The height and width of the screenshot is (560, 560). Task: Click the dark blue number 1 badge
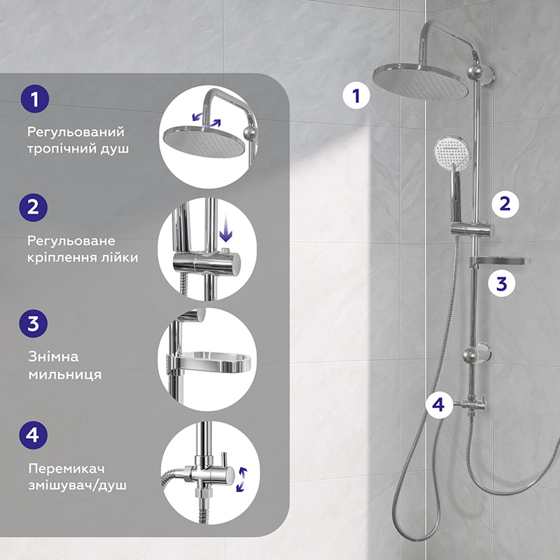34,99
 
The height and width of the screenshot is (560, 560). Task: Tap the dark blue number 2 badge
33,207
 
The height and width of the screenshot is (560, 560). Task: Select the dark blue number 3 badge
33,323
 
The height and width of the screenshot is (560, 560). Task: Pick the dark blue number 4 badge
33,435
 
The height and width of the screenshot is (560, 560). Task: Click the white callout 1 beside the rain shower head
356,96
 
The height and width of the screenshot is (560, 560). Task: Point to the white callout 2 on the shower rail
505,204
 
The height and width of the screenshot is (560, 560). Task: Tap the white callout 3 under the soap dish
502,284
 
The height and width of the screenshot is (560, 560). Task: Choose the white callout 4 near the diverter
439,405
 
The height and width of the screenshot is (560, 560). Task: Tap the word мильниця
65,374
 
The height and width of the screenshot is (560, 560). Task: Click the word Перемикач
66,468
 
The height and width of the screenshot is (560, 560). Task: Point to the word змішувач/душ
78,485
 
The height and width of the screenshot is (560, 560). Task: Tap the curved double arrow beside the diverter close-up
241,479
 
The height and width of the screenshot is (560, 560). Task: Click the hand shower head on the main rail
451,152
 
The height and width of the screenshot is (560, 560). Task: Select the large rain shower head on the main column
421,81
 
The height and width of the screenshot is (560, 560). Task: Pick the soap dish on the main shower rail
499,261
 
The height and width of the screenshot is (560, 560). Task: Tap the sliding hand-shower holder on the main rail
472,230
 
